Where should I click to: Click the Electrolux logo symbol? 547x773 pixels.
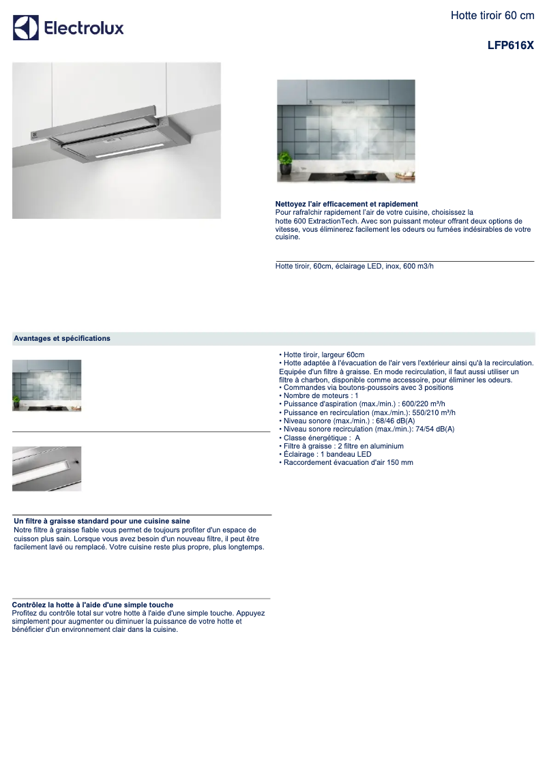[x=26, y=28]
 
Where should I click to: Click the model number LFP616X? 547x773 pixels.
[x=511, y=46]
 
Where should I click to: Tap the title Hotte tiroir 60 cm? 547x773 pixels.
[x=492, y=16]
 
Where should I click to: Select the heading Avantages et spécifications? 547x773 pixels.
[x=62, y=339]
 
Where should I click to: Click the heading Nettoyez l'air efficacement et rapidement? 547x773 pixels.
[x=346, y=204]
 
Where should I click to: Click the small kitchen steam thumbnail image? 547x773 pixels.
[x=47, y=385]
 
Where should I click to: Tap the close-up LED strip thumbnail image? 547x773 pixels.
[x=47, y=468]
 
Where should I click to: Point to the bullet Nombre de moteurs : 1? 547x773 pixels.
[x=321, y=396]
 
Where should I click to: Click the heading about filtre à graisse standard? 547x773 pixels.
[x=102, y=521]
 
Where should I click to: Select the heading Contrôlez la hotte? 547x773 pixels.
[x=93, y=605]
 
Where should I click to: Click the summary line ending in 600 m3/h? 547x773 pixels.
[x=354, y=266]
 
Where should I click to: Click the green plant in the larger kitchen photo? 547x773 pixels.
[x=285, y=162]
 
